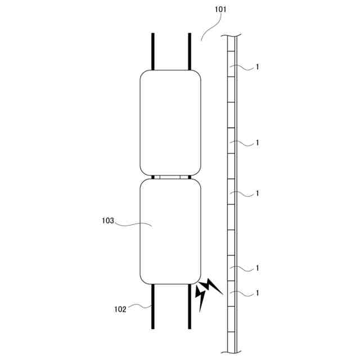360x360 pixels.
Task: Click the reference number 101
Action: click(x=220, y=10)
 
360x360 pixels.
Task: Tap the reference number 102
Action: click(x=120, y=309)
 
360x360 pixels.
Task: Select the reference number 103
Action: click(x=108, y=220)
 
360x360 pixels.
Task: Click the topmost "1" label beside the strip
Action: click(x=258, y=67)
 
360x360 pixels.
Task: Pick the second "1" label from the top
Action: click(x=258, y=143)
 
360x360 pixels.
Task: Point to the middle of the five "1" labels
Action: click(x=258, y=193)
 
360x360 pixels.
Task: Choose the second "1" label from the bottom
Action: click(x=258, y=268)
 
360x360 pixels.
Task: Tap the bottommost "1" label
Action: click(x=258, y=293)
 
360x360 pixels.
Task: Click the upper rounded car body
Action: click(x=170, y=123)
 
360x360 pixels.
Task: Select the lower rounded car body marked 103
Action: click(x=170, y=231)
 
